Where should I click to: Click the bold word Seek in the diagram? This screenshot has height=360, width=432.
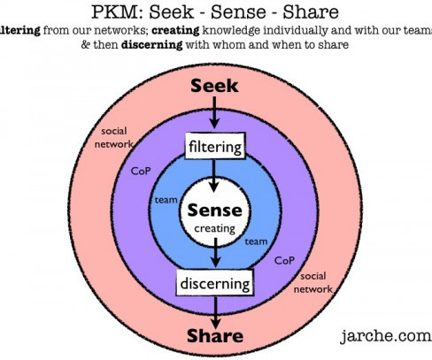[214, 86]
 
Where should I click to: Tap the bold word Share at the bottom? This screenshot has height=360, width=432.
[215, 336]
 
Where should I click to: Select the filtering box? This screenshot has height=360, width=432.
[215, 146]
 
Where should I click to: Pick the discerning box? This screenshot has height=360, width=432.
[215, 283]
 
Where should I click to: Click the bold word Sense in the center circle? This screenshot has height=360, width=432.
[214, 211]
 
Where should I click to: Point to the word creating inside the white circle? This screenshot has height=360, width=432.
[215, 228]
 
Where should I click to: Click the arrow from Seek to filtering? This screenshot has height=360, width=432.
[214, 112]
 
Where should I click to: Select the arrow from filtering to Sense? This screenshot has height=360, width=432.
[213, 176]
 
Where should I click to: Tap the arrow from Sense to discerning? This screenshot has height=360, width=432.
[216, 253]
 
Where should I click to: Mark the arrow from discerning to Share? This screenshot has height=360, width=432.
[216, 312]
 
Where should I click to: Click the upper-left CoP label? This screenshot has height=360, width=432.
[141, 171]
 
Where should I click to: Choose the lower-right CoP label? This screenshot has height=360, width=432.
[284, 260]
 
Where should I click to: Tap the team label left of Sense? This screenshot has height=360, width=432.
[166, 200]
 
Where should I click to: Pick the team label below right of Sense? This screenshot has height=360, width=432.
[256, 241]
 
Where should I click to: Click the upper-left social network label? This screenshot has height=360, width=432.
[114, 138]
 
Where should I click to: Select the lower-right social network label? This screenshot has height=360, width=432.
[313, 282]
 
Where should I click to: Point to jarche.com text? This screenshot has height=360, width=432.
[386, 336]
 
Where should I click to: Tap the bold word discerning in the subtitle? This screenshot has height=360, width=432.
[152, 45]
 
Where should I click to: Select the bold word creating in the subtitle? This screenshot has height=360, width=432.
[176, 30]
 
